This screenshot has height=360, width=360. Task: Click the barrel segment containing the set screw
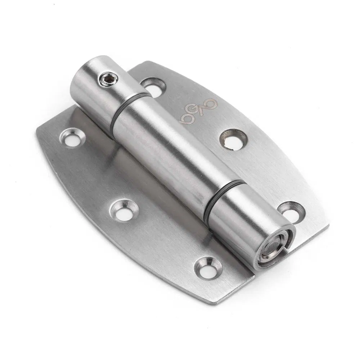[97, 90]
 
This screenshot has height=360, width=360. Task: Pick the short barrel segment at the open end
[248, 223]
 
